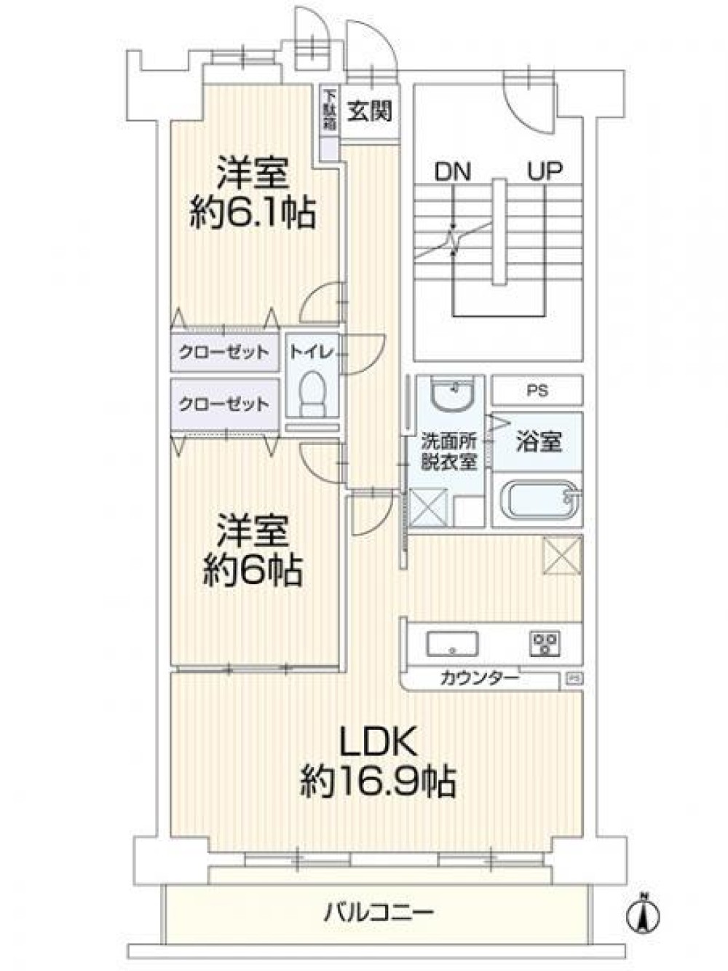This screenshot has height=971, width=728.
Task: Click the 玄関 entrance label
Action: click(371, 111)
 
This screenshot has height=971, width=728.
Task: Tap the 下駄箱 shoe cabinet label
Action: click(330, 110)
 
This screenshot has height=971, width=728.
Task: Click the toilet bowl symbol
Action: click(312, 393)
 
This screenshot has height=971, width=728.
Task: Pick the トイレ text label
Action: click(311, 353)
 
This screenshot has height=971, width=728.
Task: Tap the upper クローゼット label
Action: click(224, 353)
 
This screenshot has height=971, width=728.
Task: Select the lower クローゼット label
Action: click(224, 404)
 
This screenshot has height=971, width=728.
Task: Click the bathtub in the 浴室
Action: click(538, 500)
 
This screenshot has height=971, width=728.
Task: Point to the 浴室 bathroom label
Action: click(539, 441)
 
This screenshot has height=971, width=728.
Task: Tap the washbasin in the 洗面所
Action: click(451, 393)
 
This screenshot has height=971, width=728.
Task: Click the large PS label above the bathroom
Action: click(537, 391)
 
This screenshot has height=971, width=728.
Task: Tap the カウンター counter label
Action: click(479, 679)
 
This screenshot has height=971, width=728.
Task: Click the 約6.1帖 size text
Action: click(253, 215)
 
